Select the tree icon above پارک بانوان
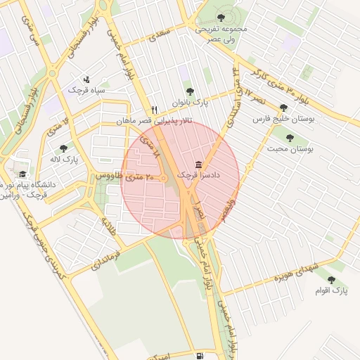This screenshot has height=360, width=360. tap(190, 91)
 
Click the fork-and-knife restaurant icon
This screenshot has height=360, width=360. tap(154, 109)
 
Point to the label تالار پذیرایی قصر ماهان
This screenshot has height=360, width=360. tap(154, 122)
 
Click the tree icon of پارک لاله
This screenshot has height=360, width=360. tap(64, 148)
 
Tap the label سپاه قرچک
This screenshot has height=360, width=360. tap(86, 91)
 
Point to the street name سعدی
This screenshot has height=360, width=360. tap(162, 34)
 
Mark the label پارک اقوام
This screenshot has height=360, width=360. tap(331, 290)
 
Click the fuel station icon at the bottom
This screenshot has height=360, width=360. tap(201, 356)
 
